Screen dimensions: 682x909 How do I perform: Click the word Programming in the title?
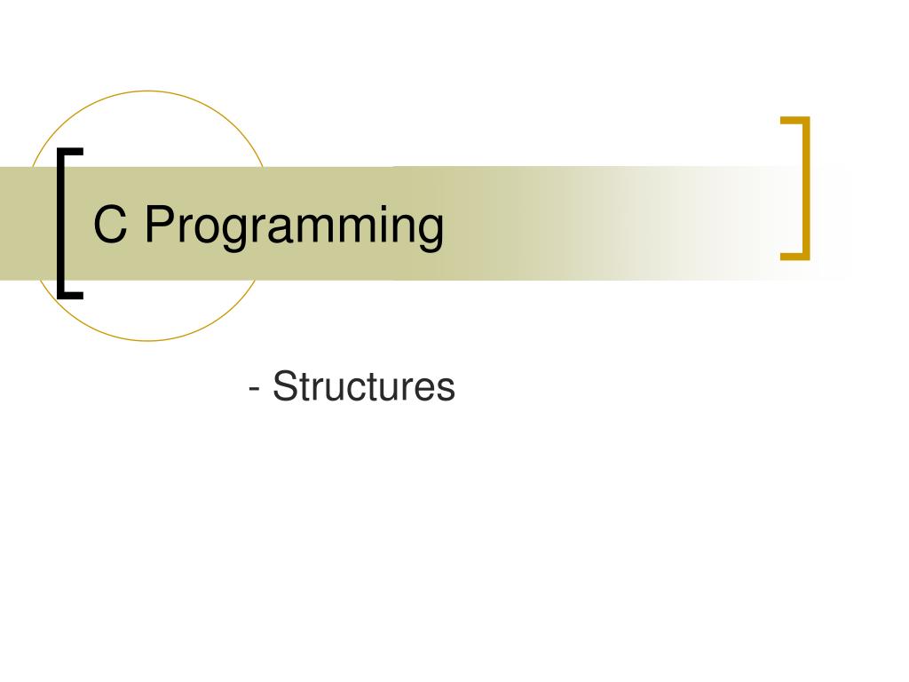tap(294, 227)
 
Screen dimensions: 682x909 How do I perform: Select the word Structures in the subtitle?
tap(364, 387)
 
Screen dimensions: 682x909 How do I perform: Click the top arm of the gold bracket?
tap(795, 120)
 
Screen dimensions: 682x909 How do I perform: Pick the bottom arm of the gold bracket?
tap(795, 257)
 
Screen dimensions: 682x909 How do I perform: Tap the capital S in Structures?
tap(285, 387)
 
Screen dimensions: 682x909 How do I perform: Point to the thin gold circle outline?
tap(149, 91)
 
